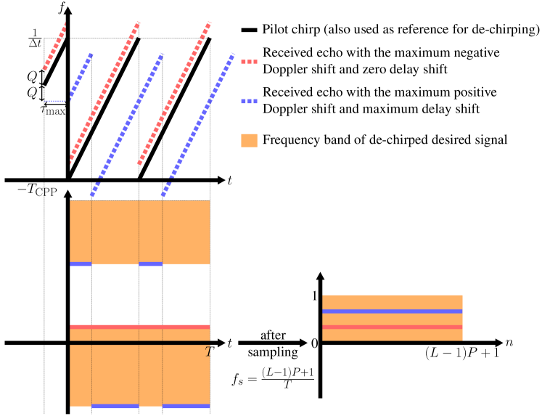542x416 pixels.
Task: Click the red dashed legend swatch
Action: (x=249, y=62)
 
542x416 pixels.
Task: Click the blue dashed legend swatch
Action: (x=249, y=102)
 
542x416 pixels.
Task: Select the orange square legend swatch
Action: (x=249, y=140)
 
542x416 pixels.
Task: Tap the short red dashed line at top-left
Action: (x=54, y=46)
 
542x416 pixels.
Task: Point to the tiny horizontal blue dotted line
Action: (x=54, y=101)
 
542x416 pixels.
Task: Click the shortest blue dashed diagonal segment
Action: (x=81, y=76)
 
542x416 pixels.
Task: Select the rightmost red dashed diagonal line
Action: (x=174, y=93)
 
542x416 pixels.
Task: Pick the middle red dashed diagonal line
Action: (x=104, y=91)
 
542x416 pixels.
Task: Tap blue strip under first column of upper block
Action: (x=81, y=264)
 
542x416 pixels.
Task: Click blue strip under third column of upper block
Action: (x=150, y=264)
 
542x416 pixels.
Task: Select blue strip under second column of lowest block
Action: (x=115, y=406)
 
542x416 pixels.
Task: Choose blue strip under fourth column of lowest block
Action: (x=186, y=406)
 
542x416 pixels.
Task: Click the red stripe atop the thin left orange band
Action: (x=139, y=327)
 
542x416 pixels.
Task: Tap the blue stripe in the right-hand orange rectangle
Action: (x=393, y=311)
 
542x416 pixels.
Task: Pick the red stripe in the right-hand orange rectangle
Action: (x=393, y=327)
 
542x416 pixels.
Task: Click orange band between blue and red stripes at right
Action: (x=393, y=319)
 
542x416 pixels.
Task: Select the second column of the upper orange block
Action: (x=115, y=232)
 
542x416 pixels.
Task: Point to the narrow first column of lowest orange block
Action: (x=81, y=375)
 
